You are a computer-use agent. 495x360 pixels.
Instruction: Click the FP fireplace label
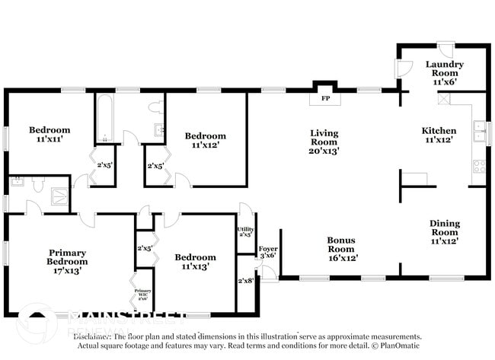(x=325, y=99)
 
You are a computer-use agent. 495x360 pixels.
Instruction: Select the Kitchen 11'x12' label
(x=439, y=135)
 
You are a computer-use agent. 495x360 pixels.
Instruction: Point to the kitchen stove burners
(x=479, y=164)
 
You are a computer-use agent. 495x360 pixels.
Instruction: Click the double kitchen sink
(x=479, y=132)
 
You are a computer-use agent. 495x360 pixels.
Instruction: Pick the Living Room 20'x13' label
(x=324, y=142)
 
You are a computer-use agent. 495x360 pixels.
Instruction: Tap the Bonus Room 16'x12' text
(x=341, y=249)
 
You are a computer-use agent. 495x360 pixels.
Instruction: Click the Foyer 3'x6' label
(x=268, y=253)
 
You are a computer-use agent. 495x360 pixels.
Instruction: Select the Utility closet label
(x=245, y=231)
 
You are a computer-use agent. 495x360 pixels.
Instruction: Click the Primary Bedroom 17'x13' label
(x=68, y=261)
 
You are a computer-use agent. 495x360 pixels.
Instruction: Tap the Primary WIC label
(x=143, y=294)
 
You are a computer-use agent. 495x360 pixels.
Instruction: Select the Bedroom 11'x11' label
(x=50, y=135)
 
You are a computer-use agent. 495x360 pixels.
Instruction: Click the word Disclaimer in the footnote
(x=92, y=336)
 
